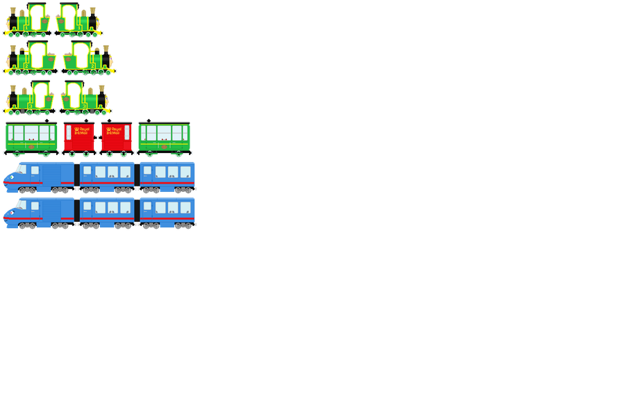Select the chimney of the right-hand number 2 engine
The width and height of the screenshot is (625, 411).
pos(105,51)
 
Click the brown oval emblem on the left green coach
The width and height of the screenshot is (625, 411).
pos(31,147)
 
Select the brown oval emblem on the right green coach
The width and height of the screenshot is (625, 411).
pos(164,147)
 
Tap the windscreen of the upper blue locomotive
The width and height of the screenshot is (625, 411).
pos(21,169)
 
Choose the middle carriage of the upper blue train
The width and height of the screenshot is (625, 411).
pos(106,177)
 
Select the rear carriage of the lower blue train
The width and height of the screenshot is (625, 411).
pos(167,212)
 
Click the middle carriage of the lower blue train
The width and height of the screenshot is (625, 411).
pos(106,212)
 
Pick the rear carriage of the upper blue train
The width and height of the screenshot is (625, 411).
pos(167,177)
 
